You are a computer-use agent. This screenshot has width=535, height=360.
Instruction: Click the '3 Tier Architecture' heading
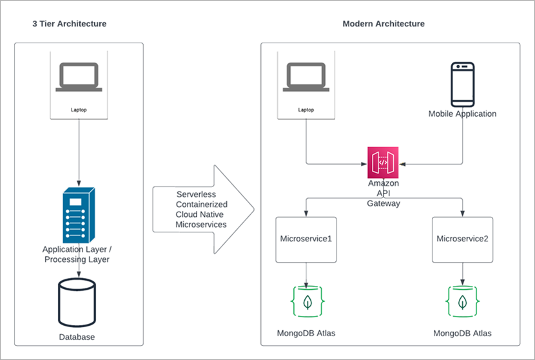click(69, 24)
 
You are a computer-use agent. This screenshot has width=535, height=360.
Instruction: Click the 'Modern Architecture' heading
click(383, 24)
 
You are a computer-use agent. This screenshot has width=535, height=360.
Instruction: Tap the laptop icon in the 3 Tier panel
click(78, 77)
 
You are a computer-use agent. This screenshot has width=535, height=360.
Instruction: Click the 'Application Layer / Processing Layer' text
click(76, 254)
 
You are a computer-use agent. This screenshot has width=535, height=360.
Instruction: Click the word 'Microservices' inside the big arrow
click(201, 224)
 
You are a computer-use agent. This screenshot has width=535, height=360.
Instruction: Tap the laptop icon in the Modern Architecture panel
click(306, 77)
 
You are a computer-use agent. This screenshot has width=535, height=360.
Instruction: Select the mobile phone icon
click(462, 85)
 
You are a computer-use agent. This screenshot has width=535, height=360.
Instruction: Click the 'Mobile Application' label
click(462, 114)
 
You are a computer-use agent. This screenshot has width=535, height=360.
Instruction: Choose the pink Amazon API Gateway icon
click(384, 163)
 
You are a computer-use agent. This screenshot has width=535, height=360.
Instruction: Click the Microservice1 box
click(306, 239)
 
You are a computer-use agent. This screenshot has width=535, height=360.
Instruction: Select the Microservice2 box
click(462, 239)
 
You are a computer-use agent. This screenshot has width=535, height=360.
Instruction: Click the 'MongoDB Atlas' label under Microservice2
click(462, 334)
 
